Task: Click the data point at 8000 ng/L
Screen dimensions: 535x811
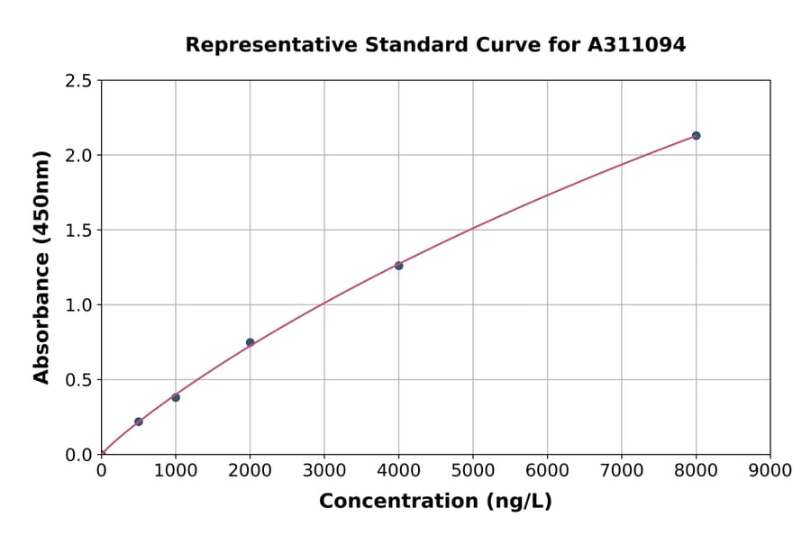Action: click(x=696, y=136)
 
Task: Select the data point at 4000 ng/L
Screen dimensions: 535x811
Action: click(x=398, y=266)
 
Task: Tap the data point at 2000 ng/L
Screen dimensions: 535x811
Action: click(x=250, y=342)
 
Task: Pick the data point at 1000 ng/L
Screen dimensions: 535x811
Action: click(x=176, y=397)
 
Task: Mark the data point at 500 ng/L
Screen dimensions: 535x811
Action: click(x=139, y=422)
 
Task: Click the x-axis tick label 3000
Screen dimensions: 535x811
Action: click(x=324, y=470)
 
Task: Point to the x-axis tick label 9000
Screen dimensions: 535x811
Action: click(x=770, y=470)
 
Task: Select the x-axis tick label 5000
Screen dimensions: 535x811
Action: click(x=473, y=470)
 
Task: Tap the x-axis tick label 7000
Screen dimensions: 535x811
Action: click(x=621, y=470)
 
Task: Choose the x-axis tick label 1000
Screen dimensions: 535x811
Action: click(x=176, y=470)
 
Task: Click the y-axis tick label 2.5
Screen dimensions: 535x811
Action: click(x=78, y=81)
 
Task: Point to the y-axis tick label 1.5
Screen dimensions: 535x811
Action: click(x=78, y=231)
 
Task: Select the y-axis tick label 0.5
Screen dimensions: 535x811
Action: click(x=78, y=380)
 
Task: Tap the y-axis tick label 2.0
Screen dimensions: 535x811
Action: click(x=78, y=156)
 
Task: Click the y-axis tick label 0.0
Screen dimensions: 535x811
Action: click(x=78, y=455)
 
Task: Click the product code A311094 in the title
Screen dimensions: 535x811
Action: click(x=637, y=44)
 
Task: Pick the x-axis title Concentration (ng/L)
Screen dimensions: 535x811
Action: click(x=435, y=502)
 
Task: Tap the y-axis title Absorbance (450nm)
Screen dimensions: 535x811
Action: click(x=41, y=267)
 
